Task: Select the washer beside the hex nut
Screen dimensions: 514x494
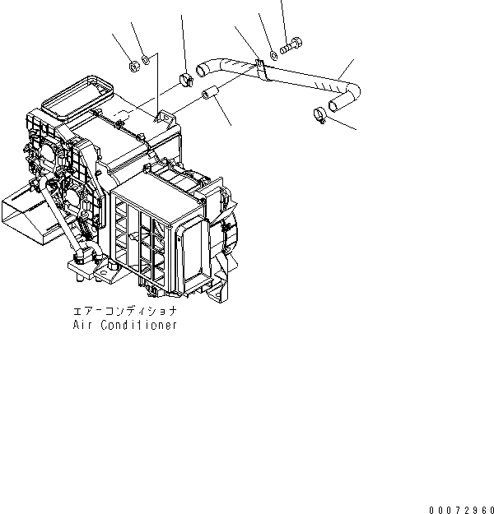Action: point(145,58)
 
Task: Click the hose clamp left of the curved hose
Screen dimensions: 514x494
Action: point(184,80)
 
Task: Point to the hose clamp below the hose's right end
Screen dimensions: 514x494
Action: point(319,115)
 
